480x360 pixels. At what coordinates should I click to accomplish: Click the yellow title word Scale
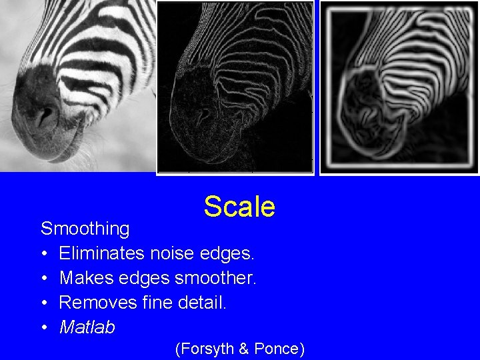239,207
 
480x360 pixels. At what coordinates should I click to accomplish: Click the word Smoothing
85,229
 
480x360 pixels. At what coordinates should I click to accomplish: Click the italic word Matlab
87,328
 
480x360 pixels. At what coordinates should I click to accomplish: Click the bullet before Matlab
44,328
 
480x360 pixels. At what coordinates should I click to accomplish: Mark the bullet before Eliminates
44,254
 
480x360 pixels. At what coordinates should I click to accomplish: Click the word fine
158,303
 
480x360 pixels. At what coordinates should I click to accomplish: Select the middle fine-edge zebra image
235,87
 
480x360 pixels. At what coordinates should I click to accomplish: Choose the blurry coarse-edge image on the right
399,87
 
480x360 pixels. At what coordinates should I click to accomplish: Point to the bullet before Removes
44,303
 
